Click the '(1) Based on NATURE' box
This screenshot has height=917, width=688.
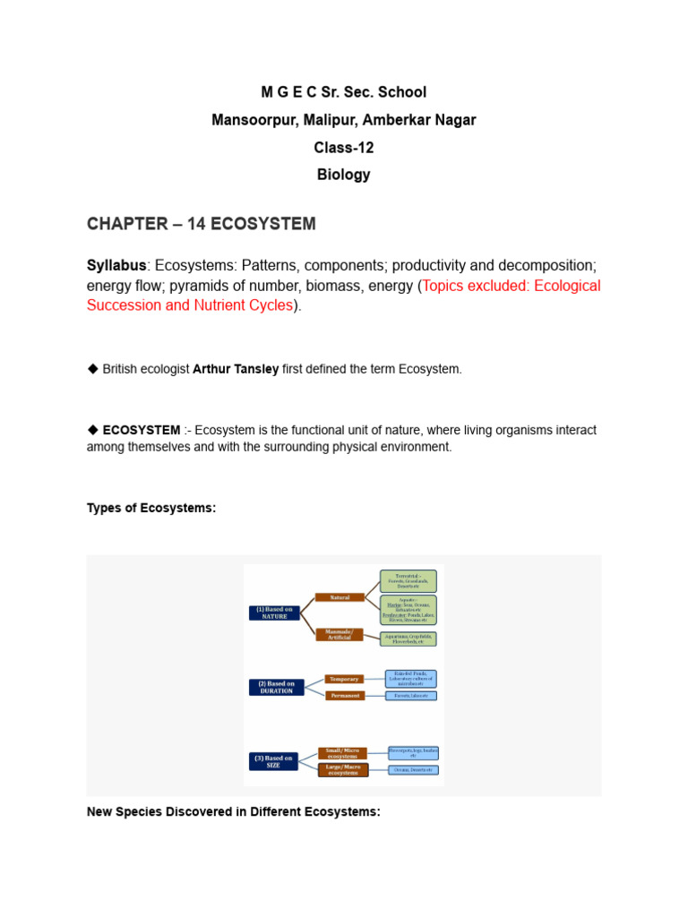pyautogui.click(x=274, y=613)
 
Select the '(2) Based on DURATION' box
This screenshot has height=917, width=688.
pyautogui.click(x=275, y=687)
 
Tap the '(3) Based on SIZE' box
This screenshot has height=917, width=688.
pyautogui.click(x=274, y=761)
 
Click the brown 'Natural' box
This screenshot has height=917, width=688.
pyautogui.click(x=340, y=597)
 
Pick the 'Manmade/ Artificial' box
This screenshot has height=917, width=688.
pyautogui.click(x=340, y=635)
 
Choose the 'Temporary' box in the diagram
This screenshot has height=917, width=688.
pyautogui.click(x=344, y=679)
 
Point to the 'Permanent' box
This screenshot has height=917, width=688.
pyautogui.click(x=344, y=695)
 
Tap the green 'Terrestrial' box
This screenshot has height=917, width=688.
pyautogui.click(x=408, y=579)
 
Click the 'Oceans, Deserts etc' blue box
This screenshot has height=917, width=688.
pyautogui.click(x=412, y=770)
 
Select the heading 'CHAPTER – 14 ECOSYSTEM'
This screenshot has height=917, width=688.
pyautogui.click(x=202, y=224)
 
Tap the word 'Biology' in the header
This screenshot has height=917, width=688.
pyautogui.click(x=343, y=175)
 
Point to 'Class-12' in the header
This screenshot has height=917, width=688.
pyautogui.click(x=343, y=148)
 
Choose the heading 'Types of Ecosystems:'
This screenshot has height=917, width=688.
pyautogui.click(x=151, y=508)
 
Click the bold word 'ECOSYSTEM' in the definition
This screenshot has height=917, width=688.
pyautogui.click(x=141, y=430)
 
